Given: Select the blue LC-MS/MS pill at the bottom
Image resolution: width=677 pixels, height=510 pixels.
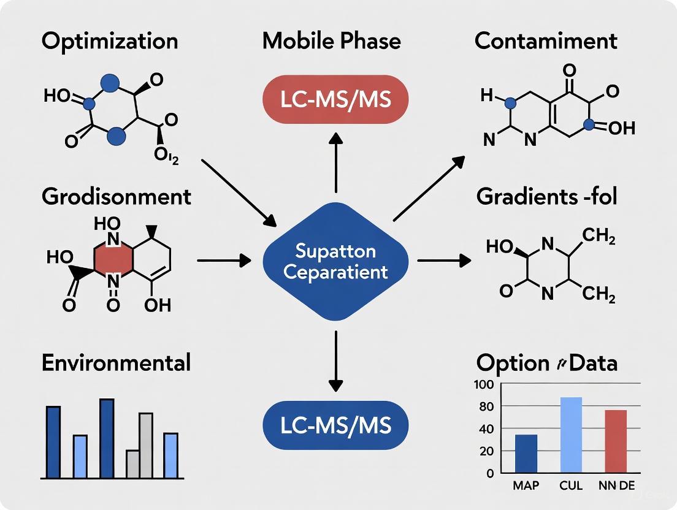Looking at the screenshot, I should [x=335, y=425].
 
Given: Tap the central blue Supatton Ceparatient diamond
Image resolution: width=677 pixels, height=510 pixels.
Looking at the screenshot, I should [x=335, y=262].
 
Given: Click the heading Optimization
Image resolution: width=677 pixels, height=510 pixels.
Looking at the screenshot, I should [x=110, y=41].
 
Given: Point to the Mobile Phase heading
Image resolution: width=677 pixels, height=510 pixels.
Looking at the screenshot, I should [x=331, y=41].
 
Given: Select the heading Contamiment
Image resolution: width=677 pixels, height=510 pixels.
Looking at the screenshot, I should [x=546, y=41].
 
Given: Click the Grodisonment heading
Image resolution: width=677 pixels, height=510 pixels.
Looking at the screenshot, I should [x=117, y=197].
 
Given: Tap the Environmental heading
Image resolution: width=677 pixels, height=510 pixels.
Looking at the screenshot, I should [x=116, y=362].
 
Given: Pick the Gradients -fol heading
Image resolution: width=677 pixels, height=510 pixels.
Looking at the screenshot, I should [x=546, y=197].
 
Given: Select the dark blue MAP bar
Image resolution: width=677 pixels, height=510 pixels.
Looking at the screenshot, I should [x=526, y=454].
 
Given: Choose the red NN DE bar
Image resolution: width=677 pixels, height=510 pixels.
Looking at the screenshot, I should [x=616, y=441].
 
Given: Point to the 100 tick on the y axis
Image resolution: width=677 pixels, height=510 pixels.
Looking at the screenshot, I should [x=484, y=385].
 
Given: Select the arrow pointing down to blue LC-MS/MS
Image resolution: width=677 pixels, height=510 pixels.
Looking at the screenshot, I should [x=335, y=362].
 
